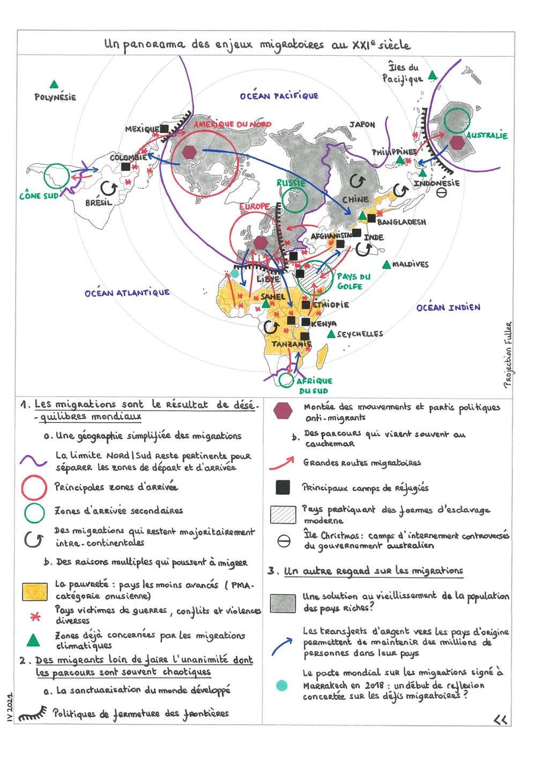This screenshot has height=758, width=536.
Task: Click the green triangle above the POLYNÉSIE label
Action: [x=54, y=84]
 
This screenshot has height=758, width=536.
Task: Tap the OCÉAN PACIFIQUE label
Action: [x=279, y=95]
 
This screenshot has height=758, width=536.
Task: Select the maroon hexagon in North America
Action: [x=189, y=152]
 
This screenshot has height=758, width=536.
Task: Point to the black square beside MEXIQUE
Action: [x=164, y=129]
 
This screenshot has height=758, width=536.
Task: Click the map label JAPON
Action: [x=362, y=124]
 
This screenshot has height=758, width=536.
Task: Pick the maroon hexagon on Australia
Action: [x=457, y=143]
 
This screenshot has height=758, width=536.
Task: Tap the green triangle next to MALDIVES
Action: [x=386, y=264]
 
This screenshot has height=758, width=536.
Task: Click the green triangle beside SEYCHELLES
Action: [x=331, y=334]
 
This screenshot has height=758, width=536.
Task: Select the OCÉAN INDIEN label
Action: [x=448, y=307]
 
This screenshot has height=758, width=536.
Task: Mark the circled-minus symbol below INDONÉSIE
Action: [x=441, y=192]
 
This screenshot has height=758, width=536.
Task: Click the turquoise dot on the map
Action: [x=235, y=273]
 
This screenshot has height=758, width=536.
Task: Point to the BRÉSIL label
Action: [x=99, y=203]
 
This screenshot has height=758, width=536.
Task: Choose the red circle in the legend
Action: [x=34, y=487]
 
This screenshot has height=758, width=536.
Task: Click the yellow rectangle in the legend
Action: [x=35, y=591]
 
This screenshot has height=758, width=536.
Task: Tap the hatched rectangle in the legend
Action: [x=283, y=515]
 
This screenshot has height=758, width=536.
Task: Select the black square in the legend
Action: [x=282, y=487]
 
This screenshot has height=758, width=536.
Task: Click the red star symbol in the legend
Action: [x=35, y=616]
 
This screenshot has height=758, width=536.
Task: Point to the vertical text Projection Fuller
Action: [x=508, y=354]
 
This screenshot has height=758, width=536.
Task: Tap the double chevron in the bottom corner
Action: [x=501, y=719]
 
